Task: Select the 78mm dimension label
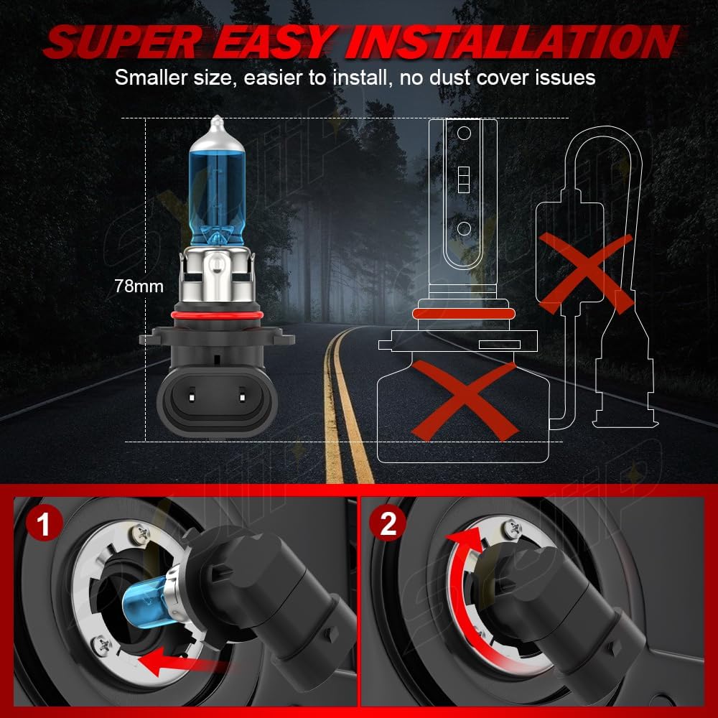tap(139, 286)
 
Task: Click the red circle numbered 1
tap(44, 524)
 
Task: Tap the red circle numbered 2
tap(388, 523)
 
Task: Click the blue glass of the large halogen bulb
tap(216, 194)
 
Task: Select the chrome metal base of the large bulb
tap(216, 276)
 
